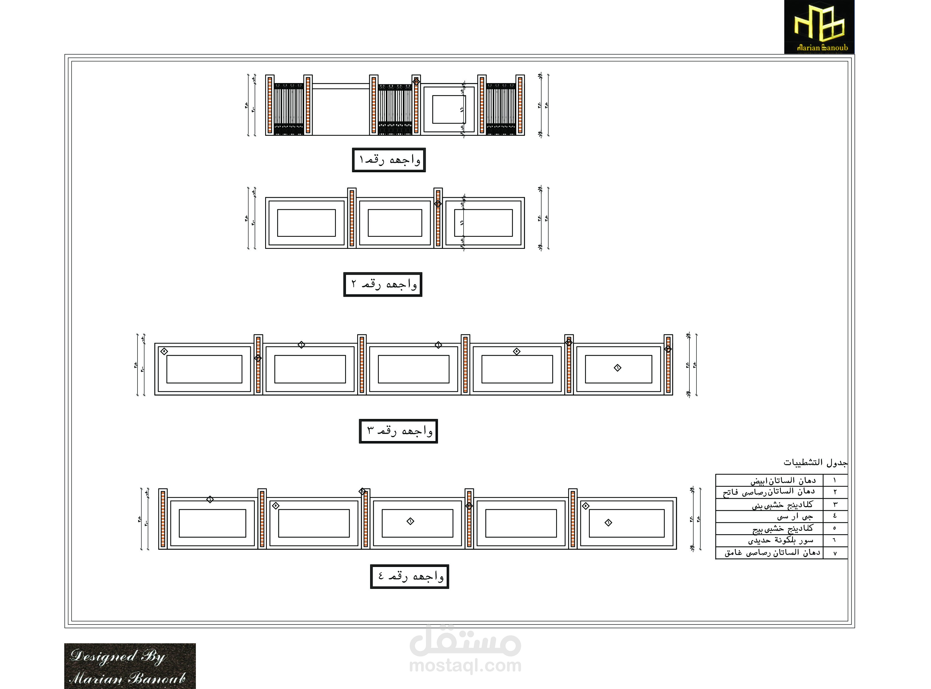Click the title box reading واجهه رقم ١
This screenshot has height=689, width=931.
(389, 160)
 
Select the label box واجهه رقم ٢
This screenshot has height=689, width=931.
(382, 284)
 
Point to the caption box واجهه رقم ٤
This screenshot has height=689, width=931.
(409, 577)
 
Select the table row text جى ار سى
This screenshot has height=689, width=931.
(795, 516)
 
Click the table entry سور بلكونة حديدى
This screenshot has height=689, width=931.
(780, 541)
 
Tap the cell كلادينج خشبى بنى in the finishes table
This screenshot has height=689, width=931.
(782, 505)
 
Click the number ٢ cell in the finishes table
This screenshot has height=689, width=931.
(835, 492)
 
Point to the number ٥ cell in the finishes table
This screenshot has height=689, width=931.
(835, 529)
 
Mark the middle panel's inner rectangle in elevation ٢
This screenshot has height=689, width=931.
(395, 223)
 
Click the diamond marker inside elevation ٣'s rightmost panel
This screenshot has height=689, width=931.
(617, 368)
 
